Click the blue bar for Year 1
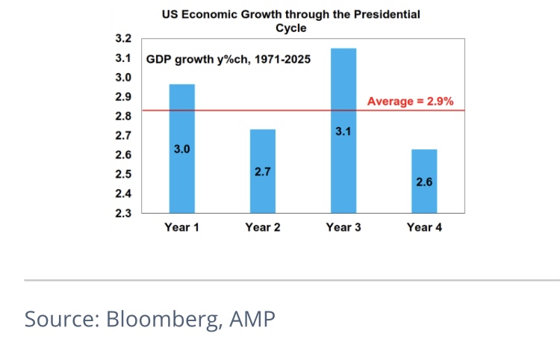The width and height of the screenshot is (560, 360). [x=182, y=179]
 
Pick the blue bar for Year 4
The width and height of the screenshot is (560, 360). [x=424, y=198]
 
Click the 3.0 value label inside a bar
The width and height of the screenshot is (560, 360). [x=182, y=149]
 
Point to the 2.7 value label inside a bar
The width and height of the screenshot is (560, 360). [x=263, y=171]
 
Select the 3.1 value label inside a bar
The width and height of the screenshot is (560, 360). [x=343, y=132]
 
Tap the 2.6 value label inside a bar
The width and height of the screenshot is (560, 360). [x=424, y=181]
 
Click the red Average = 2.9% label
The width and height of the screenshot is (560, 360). [x=409, y=102]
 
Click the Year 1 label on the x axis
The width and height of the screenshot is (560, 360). [x=182, y=227]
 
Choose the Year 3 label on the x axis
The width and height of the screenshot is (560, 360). [x=343, y=227]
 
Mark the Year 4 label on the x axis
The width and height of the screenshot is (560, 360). [x=424, y=227]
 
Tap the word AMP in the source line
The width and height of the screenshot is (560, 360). [x=252, y=319]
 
